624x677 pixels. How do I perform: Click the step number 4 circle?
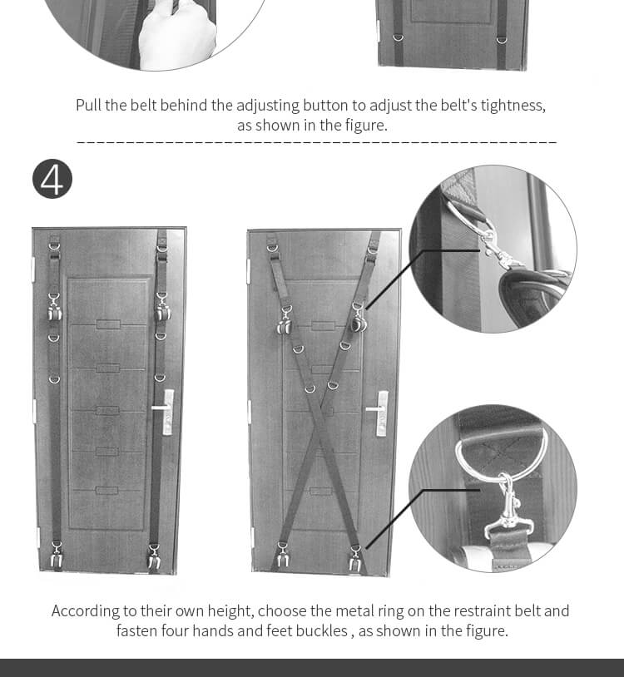coord(52,179)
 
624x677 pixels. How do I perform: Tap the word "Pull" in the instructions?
coord(88,106)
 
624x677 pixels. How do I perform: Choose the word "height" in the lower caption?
coord(230,611)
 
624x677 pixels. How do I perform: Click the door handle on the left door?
coord(164,411)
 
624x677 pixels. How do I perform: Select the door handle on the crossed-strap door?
coord(378,412)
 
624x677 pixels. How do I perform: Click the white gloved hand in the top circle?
coord(177,37)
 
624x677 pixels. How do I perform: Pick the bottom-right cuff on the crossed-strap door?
coord(355,560)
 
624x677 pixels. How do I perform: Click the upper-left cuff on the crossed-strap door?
coord(285,321)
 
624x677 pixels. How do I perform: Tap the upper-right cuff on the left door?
coord(162,309)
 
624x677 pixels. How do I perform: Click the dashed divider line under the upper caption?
coord(316,141)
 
